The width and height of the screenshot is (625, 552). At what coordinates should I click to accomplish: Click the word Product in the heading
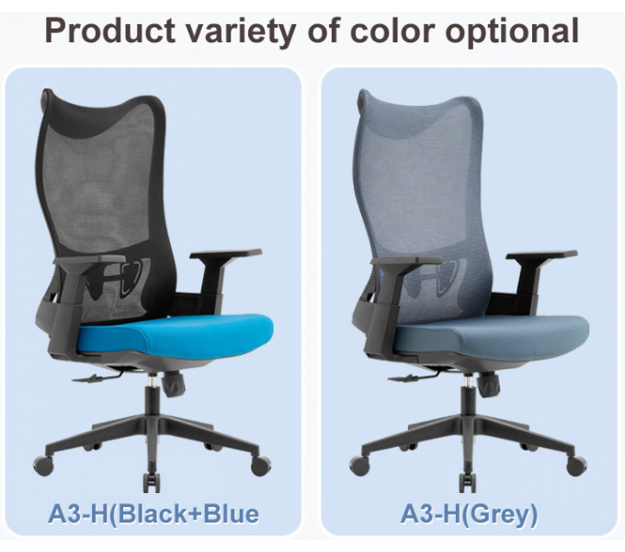(x=110, y=30)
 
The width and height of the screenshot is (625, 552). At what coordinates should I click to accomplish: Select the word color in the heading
(x=392, y=30)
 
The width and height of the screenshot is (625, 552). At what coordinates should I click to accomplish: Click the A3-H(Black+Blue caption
(x=153, y=513)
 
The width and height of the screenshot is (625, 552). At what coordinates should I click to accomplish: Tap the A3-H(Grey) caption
(x=469, y=513)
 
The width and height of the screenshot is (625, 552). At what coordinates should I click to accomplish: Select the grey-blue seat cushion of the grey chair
(x=491, y=336)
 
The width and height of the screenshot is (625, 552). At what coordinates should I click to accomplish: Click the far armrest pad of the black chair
(x=225, y=254)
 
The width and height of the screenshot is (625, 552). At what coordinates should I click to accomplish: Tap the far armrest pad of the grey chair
(x=541, y=255)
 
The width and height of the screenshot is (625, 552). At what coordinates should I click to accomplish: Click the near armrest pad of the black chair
(x=89, y=260)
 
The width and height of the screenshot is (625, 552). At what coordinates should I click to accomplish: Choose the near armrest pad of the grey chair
(x=406, y=261)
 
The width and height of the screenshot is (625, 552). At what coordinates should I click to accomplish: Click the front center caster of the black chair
(x=151, y=482)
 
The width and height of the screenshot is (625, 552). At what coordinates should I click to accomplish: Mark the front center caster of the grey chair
(x=468, y=482)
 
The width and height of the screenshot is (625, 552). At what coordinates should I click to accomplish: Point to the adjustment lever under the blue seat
(x=97, y=377)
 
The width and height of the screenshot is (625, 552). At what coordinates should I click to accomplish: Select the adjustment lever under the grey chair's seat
(x=413, y=377)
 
